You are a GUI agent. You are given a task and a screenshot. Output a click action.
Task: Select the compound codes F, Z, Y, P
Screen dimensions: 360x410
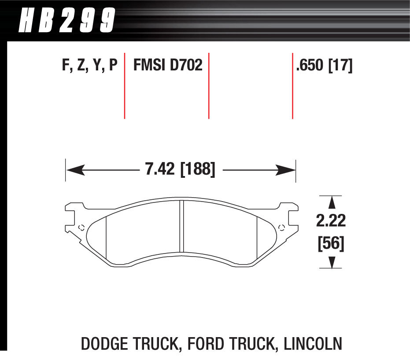click(89, 66)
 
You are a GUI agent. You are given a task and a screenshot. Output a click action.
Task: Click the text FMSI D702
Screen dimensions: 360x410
click(168, 66)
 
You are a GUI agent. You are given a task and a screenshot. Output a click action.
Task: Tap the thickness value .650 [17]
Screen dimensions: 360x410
click(325, 66)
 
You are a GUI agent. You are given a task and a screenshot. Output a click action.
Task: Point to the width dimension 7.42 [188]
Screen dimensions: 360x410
click(180, 169)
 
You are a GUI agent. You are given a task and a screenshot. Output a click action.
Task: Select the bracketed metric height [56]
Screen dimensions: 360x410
click(330, 243)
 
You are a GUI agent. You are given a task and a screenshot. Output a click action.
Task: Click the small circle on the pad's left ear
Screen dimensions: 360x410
click(81, 228)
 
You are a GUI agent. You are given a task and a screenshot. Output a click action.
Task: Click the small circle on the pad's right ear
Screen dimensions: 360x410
click(282, 228)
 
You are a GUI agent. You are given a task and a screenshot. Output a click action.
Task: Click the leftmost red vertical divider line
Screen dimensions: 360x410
click(125, 86)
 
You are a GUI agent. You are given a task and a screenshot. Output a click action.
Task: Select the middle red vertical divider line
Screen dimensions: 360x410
click(208, 86)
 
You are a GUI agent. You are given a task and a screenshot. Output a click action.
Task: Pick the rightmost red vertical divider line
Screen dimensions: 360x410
click(292, 86)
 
